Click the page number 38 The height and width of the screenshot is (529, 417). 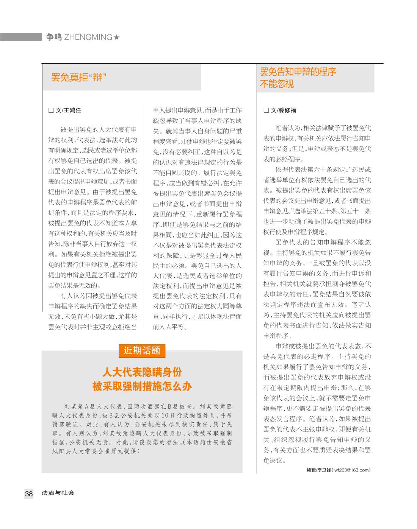(29, 493)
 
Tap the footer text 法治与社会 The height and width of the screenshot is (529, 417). (58, 493)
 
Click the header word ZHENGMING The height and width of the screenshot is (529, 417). (88, 37)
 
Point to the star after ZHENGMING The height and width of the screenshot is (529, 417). (117, 37)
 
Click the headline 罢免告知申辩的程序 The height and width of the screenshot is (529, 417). (298, 72)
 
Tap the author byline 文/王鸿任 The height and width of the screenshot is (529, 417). (68, 110)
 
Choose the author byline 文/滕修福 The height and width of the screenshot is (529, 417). (283, 110)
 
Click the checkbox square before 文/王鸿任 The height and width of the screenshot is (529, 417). (51, 110)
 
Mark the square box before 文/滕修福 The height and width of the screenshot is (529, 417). (266, 110)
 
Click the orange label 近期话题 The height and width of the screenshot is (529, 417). (142, 350)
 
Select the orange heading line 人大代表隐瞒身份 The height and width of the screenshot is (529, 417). (142, 373)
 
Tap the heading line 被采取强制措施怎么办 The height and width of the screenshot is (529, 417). (142, 386)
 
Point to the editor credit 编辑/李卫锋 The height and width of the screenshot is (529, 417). (319, 470)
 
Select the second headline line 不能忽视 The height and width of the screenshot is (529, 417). (277, 84)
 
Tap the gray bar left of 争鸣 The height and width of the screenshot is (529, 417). (20, 37)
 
